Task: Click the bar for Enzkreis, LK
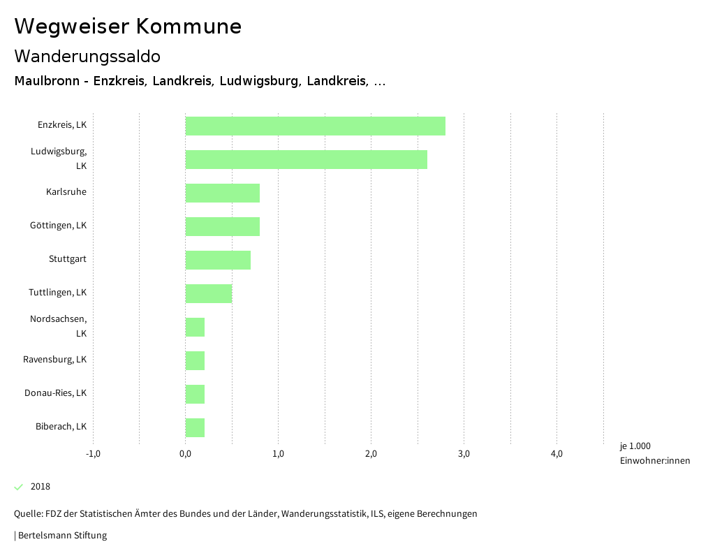(x=315, y=126)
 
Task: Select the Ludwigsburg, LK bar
(x=306, y=159)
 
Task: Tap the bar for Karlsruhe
(x=222, y=193)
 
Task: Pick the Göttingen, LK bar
(x=222, y=226)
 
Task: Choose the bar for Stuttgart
(x=218, y=260)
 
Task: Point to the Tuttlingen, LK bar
(x=208, y=293)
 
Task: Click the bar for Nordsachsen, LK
(x=195, y=327)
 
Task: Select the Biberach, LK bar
(x=195, y=427)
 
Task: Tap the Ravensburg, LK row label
(x=54, y=360)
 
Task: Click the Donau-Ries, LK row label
(x=55, y=393)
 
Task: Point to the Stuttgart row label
(x=68, y=259)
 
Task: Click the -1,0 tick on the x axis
(x=93, y=454)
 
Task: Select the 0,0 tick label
(x=186, y=454)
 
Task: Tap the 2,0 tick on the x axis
(x=371, y=454)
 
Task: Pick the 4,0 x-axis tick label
(x=556, y=454)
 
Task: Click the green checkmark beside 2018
(x=19, y=487)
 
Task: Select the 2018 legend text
(x=40, y=487)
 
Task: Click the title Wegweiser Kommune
(x=128, y=27)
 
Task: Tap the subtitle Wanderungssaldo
(x=87, y=56)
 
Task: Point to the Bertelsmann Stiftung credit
(x=61, y=536)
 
